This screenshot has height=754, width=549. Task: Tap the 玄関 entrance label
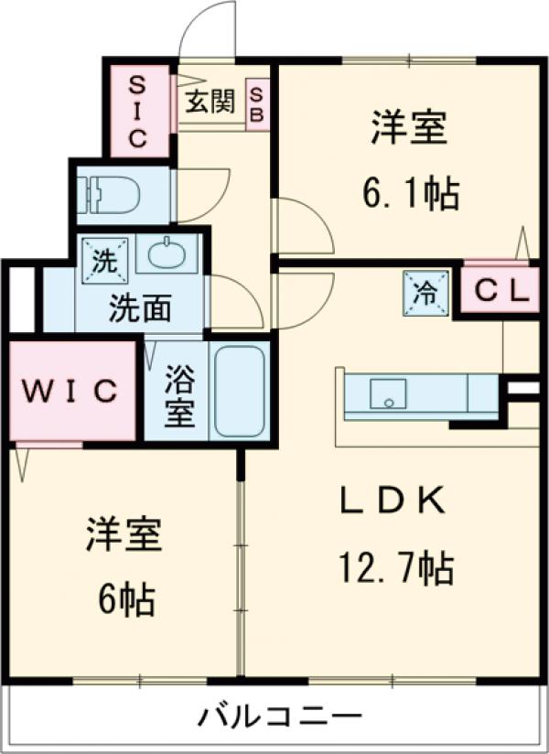tap(210, 102)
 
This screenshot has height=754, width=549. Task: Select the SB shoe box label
tap(257, 104)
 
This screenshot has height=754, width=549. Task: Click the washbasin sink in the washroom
tap(168, 252)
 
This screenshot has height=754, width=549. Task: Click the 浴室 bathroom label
tap(179, 396)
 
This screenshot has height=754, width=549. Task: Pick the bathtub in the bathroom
tap(240, 391)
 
